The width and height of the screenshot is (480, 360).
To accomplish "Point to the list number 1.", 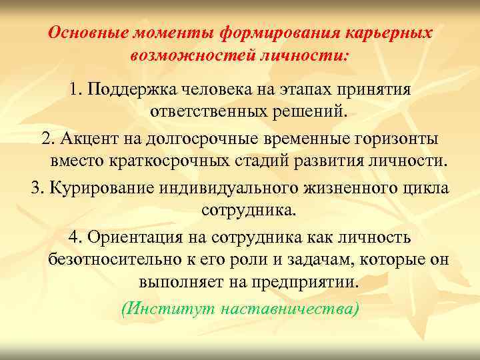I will [74, 89].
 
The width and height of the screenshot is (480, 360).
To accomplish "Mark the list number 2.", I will [47, 139].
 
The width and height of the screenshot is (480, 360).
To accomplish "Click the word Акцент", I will [87, 139].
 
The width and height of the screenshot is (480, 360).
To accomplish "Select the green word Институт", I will [163, 309].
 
